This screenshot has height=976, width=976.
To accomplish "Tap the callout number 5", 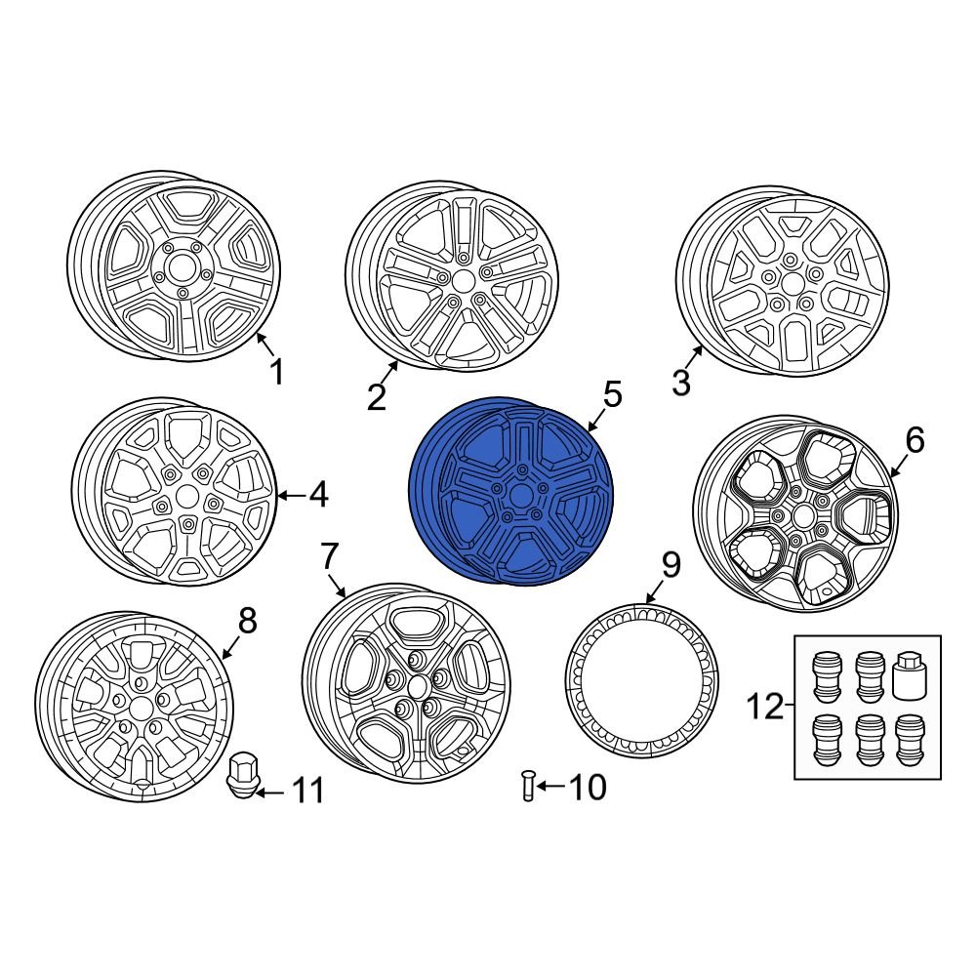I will [612, 395].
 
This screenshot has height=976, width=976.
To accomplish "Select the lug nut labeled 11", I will [240, 775].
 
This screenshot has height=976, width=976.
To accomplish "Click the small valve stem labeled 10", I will [528, 786].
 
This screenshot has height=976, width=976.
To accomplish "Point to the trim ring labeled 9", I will [641, 679].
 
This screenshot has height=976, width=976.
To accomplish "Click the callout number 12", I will [765, 707].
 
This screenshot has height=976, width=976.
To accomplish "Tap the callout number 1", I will [276, 372].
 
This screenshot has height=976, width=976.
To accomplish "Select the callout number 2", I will [377, 396].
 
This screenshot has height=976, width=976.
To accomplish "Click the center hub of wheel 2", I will [463, 280].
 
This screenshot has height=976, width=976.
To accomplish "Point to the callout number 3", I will [681, 383].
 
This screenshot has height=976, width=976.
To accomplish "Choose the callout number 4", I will [317, 496].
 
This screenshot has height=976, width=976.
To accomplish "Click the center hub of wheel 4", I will [184, 497].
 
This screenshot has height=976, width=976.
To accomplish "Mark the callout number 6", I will [914, 441].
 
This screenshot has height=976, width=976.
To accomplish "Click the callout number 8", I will [247, 619].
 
